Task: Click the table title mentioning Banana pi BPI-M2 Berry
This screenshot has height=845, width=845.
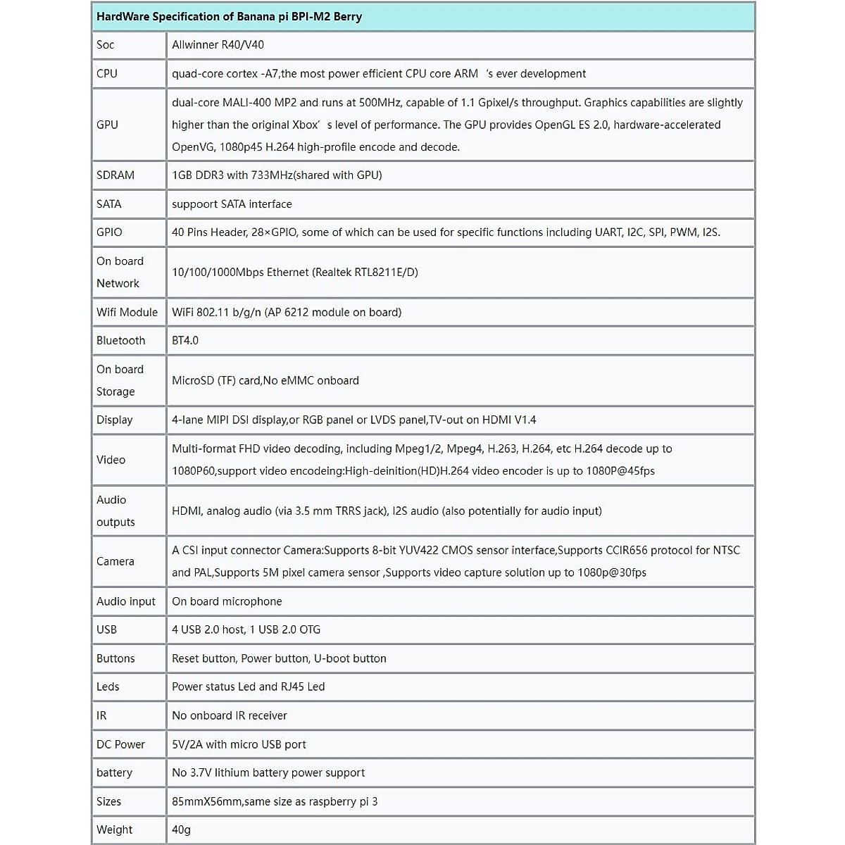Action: [x=229, y=17]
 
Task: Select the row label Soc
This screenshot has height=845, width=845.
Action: [x=106, y=45]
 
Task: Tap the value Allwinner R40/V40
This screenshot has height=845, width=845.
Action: [x=218, y=45]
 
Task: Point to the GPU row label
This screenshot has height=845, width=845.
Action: [x=108, y=125]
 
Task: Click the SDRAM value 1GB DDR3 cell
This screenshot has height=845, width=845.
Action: [x=277, y=175]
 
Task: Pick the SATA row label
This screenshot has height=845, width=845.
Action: [x=109, y=204]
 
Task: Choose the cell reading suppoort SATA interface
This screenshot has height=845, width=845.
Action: [x=232, y=204]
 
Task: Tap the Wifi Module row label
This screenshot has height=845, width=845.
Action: [x=127, y=312]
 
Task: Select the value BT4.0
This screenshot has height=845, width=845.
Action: [x=185, y=341]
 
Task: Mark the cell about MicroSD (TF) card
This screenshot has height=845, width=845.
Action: [x=265, y=381]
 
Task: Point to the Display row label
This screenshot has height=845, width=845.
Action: [x=115, y=420]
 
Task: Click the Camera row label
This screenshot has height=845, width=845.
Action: [x=115, y=562]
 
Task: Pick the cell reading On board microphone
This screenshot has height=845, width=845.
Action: [x=227, y=602]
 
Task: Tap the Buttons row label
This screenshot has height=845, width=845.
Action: [x=115, y=659]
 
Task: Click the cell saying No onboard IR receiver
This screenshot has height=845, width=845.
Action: [x=230, y=716]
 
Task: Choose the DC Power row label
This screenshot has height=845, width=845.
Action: [x=120, y=745]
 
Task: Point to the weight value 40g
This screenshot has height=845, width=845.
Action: [x=182, y=830]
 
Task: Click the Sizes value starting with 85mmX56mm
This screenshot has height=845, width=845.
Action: [x=275, y=802]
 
